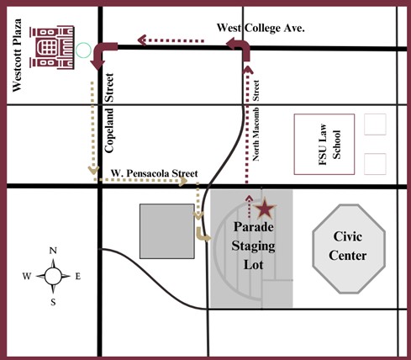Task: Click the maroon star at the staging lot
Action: [265, 209]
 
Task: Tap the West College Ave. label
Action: [261, 28]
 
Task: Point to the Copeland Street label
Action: [111, 122]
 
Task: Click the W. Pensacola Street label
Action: [155, 174]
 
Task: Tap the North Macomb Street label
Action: [257, 119]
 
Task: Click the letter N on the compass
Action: [53, 251]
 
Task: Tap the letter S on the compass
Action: [53, 300]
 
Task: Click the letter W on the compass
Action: [27, 276]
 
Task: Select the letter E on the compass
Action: [78, 276]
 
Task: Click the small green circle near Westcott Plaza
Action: [82, 50]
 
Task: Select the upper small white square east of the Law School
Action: [376, 124]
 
